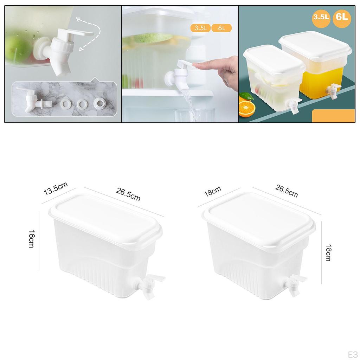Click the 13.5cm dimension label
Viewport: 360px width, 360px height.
(x=56, y=189)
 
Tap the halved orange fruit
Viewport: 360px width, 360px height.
(x=247, y=108)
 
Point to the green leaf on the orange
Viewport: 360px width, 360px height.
(x=247, y=96)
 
